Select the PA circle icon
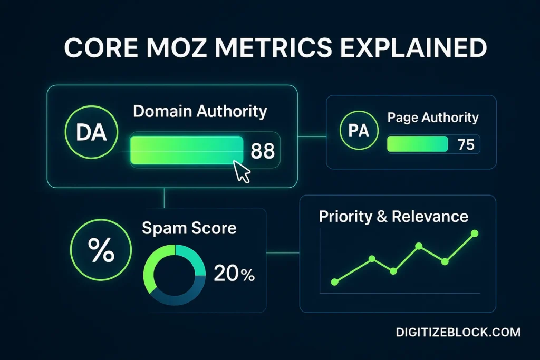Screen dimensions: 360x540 coord(359,131)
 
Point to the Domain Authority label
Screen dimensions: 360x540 coord(200,112)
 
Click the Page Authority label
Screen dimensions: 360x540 coord(433,118)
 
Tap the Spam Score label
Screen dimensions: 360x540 coord(189,228)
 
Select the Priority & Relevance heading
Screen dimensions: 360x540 coord(393,217)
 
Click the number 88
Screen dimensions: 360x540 coord(262,151)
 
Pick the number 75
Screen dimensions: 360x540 coord(466,144)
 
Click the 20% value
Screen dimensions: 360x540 coord(234,274)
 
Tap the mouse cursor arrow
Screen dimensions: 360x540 coord(242,172)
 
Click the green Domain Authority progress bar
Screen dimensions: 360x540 coord(186,151)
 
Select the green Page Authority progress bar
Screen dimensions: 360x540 coord(417,144)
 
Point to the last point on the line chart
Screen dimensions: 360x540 coord(474,233)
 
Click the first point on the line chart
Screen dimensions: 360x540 coord(334,282)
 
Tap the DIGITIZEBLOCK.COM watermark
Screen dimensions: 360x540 coord(458,332)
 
